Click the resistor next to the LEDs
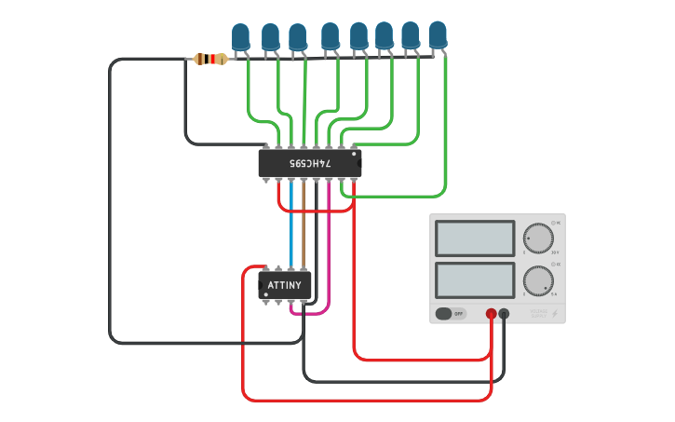tap(210, 60)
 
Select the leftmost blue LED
tap(241, 37)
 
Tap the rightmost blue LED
tap(438, 34)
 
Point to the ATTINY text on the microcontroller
tap(284, 284)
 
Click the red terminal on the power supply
tap(492, 315)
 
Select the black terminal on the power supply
tap(504, 315)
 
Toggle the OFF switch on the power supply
tap(450, 314)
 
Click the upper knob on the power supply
tap(537, 238)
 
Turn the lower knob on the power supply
tap(537, 280)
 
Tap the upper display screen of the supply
tap(475, 238)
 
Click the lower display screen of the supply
tap(475, 279)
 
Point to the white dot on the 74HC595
tap(354, 155)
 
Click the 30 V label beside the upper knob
tap(555, 252)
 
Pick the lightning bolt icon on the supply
tap(556, 315)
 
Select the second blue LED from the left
tap(270, 37)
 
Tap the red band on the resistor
tap(216, 60)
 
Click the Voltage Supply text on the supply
tap(539, 315)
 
